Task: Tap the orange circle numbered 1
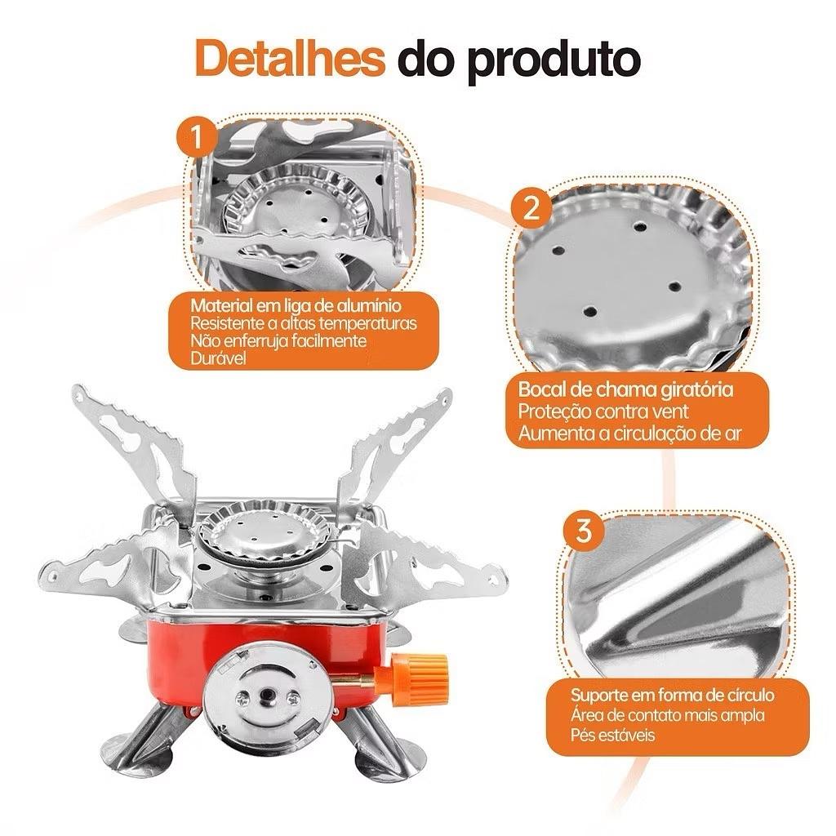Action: [198, 137]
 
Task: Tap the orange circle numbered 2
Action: [531, 208]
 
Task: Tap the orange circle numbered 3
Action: [584, 531]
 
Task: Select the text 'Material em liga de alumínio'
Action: [296, 305]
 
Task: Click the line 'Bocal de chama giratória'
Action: [625, 389]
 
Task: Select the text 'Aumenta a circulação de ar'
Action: [629, 434]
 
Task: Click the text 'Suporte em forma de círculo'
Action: [673, 696]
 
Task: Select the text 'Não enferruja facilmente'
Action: [278, 340]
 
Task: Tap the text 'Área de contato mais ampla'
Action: [668, 715]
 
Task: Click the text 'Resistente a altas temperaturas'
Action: [304, 323]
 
